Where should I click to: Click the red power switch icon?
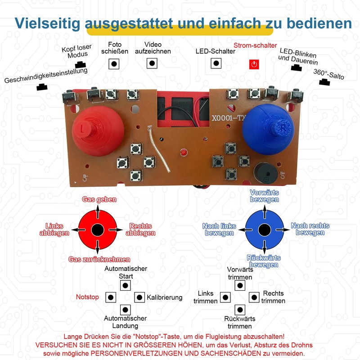tap(254, 64)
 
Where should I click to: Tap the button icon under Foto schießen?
tap(114, 64)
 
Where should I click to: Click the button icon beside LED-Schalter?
tap(216, 63)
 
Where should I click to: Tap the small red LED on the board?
tap(183, 153)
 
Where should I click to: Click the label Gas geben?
tap(99, 199)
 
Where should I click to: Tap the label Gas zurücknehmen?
tap(99, 259)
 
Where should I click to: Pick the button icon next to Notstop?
tap(111, 297)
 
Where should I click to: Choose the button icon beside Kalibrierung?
tap(139, 297)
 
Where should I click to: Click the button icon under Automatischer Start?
tap(125, 285)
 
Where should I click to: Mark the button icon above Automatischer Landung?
tap(125, 310)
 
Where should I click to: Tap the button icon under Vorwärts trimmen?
tap(240, 285)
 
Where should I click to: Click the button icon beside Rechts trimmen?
tap(254, 297)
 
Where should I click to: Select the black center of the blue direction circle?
tap(264, 229)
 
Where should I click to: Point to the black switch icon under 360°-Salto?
tap(324, 82)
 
